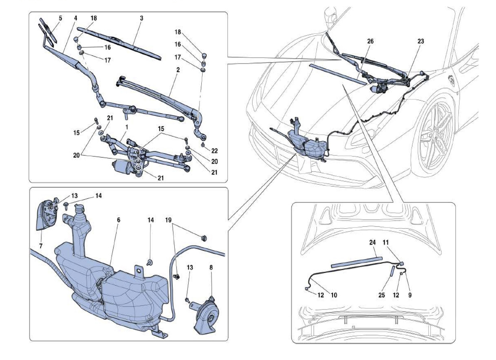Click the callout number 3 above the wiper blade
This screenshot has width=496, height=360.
(142, 18)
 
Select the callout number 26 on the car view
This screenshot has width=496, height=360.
(370, 41)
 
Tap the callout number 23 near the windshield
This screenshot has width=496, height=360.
(421, 41)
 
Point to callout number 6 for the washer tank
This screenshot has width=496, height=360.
(118, 220)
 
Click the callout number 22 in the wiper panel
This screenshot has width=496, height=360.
(215, 151)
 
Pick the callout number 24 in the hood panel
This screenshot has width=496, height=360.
(372, 242)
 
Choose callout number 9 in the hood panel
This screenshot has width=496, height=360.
(410, 295)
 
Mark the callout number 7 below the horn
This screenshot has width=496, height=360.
(41, 246)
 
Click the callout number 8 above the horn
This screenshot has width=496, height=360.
(211, 267)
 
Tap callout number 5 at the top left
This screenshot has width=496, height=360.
(60, 18)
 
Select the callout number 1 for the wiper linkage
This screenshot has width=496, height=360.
(127, 127)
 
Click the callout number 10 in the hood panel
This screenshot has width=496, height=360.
(334, 295)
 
